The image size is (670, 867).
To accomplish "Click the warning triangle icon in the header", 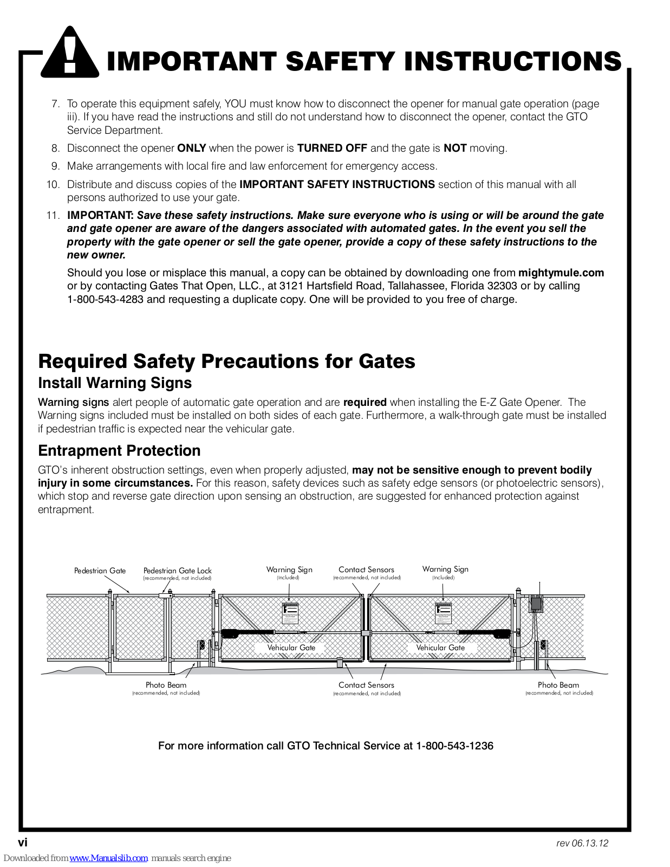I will click(x=70, y=54).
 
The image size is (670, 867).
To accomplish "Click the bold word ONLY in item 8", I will click(x=191, y=148).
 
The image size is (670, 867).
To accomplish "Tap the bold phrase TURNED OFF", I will click(x=332, y=148).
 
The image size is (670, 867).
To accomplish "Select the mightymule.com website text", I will click(x=561, y=273).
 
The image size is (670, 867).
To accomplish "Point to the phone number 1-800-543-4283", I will click(x=105, y=300).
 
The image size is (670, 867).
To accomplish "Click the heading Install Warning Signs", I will click(x=115, y=383).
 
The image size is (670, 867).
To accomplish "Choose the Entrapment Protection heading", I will click(x=119, y=451).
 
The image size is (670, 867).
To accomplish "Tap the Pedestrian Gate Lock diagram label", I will click(x=177, y=571).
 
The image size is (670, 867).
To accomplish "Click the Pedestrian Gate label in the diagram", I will click(x=100, y=571).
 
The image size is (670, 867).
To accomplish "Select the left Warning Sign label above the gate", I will click(x=289, y=570).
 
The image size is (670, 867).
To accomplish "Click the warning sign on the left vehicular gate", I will click(x=290, y=613).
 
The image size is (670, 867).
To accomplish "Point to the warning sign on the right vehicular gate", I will click(x=443, y=613).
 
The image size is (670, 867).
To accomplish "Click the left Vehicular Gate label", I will click(x=291, y=648).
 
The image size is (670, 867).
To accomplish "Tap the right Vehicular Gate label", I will click(x=440, y=648).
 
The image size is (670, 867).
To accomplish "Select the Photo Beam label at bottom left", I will click(x=166, y=685).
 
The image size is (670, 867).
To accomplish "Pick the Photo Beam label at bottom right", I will click(x=558, y=685).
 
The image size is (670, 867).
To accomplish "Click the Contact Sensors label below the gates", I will click(x=366, y=685).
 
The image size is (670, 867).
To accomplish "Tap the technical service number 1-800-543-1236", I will click(x=454, y=746).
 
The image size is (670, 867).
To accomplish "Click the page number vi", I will click(x=23, y=843).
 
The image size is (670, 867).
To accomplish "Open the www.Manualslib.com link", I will click(x=108, y=858).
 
